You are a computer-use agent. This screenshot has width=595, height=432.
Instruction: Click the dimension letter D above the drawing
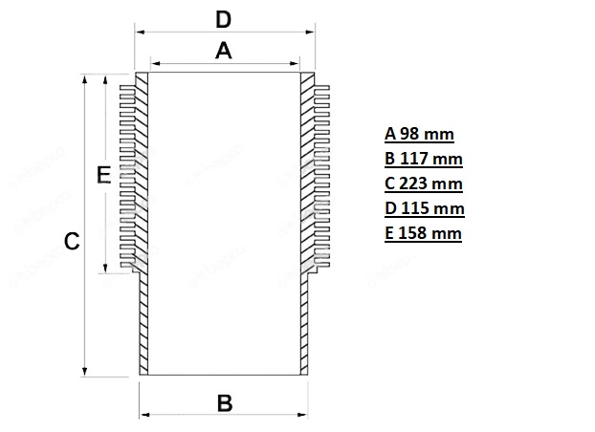[x=223, y=20]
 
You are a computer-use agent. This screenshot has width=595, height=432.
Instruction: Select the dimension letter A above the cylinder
[x=224, y=51]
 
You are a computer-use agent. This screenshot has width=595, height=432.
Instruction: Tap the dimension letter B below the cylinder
[x=225, y=403]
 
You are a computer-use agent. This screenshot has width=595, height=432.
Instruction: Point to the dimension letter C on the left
[x=72, y=241]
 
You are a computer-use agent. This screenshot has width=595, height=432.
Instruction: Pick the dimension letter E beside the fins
[x=103, y=175]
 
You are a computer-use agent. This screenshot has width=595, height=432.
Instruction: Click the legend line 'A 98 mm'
[x=419, y=134]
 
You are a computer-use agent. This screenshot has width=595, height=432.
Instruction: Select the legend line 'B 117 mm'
[x=424, y=159]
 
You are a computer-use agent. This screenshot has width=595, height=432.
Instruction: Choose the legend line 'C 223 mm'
[x=424, y=184]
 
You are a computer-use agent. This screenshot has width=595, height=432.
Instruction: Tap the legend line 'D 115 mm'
[x=424, y=208]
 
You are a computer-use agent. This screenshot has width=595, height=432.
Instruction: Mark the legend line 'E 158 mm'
[x=423, y=233]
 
